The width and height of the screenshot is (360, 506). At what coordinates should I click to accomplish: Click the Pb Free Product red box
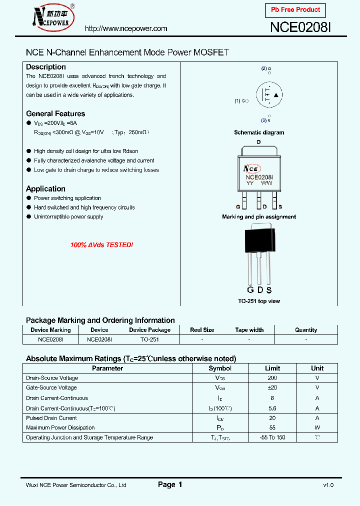(x=295, y=10)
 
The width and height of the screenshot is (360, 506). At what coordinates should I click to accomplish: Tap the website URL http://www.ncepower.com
(x=126, y=28)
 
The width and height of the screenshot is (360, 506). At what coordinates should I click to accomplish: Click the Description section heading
(x=46, y=67)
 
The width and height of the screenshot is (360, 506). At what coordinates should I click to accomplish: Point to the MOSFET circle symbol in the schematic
(x=269, y=94)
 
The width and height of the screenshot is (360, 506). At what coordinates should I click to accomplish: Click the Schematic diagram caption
(x=259, y=132)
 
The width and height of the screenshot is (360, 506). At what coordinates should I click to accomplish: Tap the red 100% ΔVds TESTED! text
(x=101, y=245)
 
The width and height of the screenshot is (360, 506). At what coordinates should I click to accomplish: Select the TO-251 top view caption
(x=259, y=301)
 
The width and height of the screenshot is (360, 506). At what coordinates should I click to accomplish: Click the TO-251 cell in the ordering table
(x=149, y=339)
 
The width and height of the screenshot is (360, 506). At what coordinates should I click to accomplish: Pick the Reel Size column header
(x=202, y=330)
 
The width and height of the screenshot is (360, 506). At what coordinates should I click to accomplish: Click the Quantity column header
(x=306, y=330)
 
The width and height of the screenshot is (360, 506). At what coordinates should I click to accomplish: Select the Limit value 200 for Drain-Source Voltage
(x=272, y=378)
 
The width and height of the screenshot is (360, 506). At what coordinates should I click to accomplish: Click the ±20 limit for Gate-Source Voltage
(x=272, y=387)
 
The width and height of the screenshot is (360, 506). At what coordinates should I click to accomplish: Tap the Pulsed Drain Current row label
(x=51, y=418)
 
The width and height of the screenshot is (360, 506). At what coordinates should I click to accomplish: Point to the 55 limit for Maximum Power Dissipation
(x=272, y=427)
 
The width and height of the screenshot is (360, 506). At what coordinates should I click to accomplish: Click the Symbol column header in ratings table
(x=220, y=368)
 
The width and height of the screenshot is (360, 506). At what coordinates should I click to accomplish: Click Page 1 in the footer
(x=170, y=484)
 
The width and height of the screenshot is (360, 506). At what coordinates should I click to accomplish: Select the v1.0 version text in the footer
(x=328, y=485)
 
